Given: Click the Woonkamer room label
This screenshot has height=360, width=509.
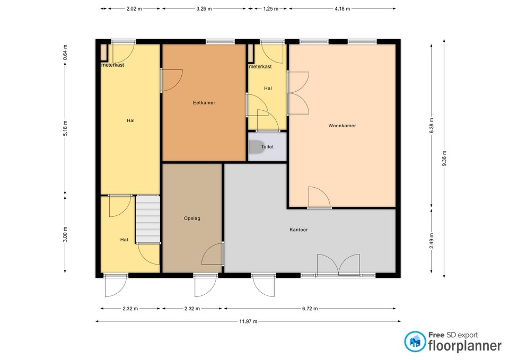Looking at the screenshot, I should coord(342,126).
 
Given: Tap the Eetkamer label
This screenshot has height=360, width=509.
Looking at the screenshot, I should coord(204,102).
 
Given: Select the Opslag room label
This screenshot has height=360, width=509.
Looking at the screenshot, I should coord(192,218).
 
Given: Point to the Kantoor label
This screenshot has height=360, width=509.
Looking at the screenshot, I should coord(299,230).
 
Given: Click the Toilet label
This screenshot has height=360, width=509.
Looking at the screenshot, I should coord(267,146).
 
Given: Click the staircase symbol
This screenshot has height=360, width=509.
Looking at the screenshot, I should coord(148,219).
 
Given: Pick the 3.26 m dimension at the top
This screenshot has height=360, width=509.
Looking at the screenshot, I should coord(204,9).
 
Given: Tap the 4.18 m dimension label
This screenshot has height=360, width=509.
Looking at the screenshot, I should coord(342,9).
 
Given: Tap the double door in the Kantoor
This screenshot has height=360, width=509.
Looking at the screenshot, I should coord(338,264).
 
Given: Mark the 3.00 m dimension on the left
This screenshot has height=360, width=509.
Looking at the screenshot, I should coord(65,234).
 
